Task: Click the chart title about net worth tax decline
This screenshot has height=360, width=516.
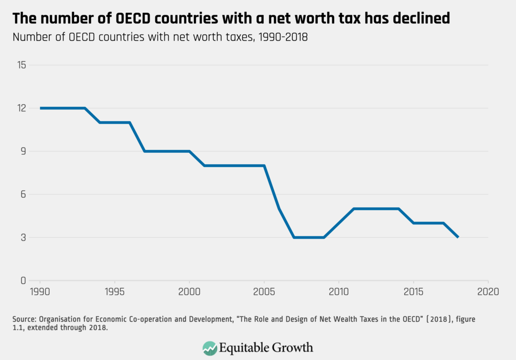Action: click(231, 18)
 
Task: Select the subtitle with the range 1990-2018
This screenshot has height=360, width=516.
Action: click(160, 38)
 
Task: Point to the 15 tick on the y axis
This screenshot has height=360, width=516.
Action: click(21, 65)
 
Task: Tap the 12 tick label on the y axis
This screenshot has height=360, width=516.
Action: click(21, 108)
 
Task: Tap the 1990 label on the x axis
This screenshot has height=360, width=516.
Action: click(40, 291)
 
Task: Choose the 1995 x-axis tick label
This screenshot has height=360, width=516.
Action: click(115, 291)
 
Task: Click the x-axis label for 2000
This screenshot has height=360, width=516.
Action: click(190, 291)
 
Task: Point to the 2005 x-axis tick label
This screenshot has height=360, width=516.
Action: click(264, 291)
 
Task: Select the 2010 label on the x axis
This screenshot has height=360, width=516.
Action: click(339, 291)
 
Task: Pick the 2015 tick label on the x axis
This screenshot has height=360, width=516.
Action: click(413, 291)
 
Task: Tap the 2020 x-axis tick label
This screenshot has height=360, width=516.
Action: click(488, 291)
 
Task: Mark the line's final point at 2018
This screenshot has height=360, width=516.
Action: click(458, 237)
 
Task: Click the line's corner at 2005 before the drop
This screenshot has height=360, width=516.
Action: click(264, 166)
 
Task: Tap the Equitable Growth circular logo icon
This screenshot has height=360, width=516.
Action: click(210, 347)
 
